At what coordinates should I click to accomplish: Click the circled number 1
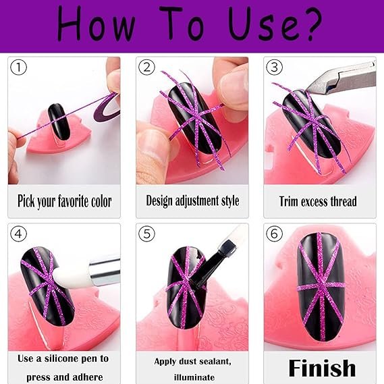(x=18, y=67)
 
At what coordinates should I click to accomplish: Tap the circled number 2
(x=146, y=67)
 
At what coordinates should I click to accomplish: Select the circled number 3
(x=274, y=67)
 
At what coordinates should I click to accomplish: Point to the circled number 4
(x=18, y=234)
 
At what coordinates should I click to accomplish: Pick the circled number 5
(x=146, y=234)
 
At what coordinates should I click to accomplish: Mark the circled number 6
(x=274, y=234)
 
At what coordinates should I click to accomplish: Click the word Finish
(x=322, y=368)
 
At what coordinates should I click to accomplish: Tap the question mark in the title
(x=311, y=24)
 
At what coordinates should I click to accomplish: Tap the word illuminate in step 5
(x=194, y=377)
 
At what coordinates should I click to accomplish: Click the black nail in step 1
(x=59, y=121)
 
